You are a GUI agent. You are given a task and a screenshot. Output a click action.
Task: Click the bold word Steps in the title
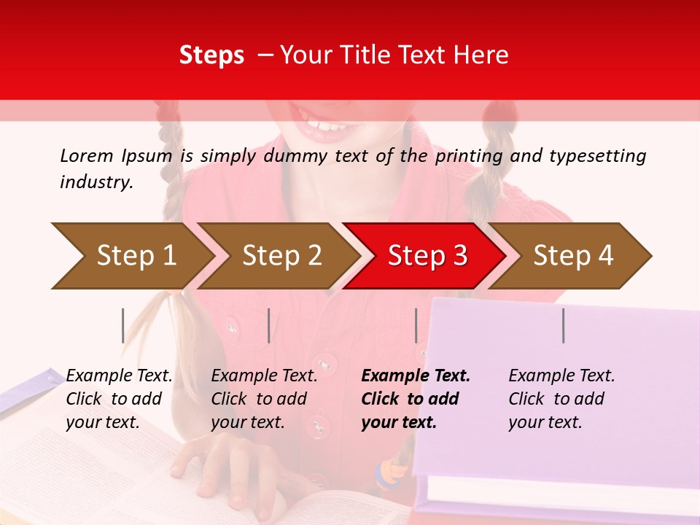[x=211, y=55]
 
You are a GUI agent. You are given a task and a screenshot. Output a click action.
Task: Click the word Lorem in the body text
[x=86, y=155]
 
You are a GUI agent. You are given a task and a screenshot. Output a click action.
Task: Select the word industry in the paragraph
[x=96, y=182]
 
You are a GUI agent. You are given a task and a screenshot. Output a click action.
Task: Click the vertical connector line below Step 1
[x=123, y=325]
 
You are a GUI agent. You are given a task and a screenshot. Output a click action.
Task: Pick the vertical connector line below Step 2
[x=269, y=325]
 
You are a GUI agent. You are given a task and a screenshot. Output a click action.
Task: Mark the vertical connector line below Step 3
[x=416, y=325]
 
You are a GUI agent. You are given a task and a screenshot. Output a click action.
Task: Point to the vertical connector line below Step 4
[x=564, y=325]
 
